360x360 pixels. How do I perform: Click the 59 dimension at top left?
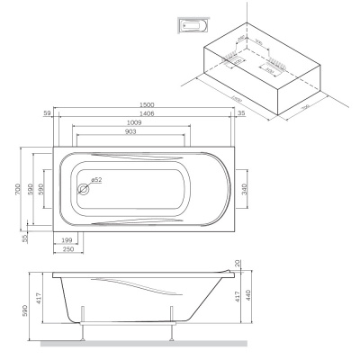(x=47, y=113)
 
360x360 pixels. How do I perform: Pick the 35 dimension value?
(x=241, y=113)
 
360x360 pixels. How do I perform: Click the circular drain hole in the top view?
(x=85, y=189)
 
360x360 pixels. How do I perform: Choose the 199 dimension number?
(x=68, y=241)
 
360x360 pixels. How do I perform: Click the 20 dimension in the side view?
(x=238, y=264)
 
